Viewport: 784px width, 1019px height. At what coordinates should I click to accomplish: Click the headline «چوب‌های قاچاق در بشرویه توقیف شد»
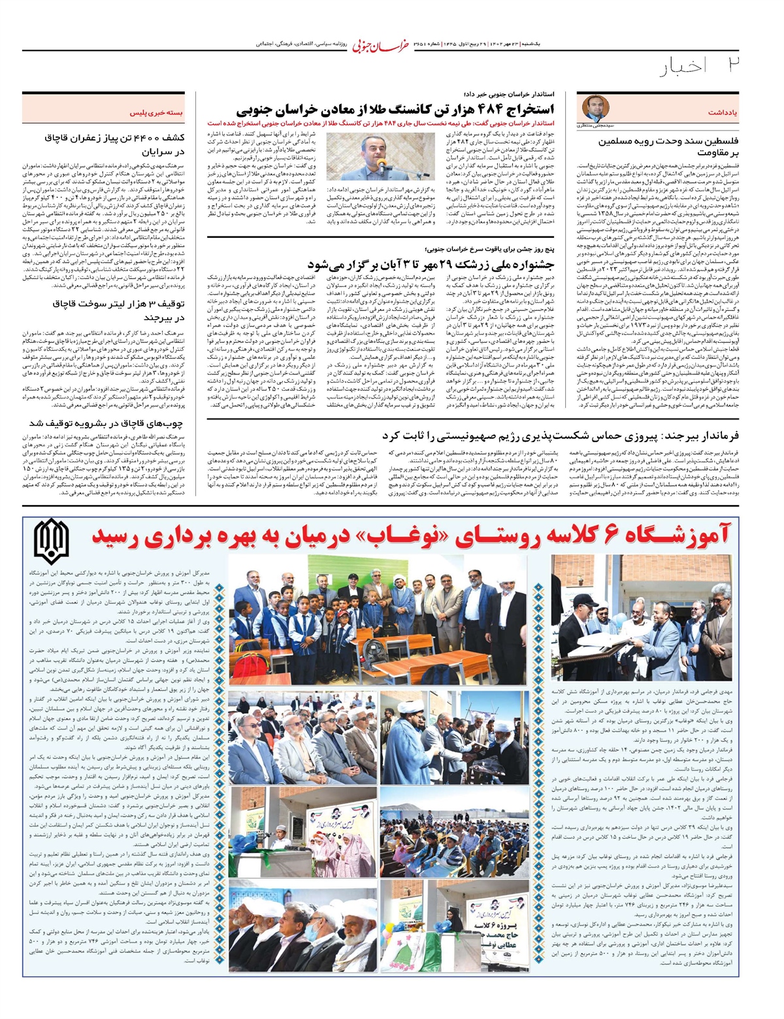(x=107, y=423)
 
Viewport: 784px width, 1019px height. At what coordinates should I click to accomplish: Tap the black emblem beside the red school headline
(x=52, y=542)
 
